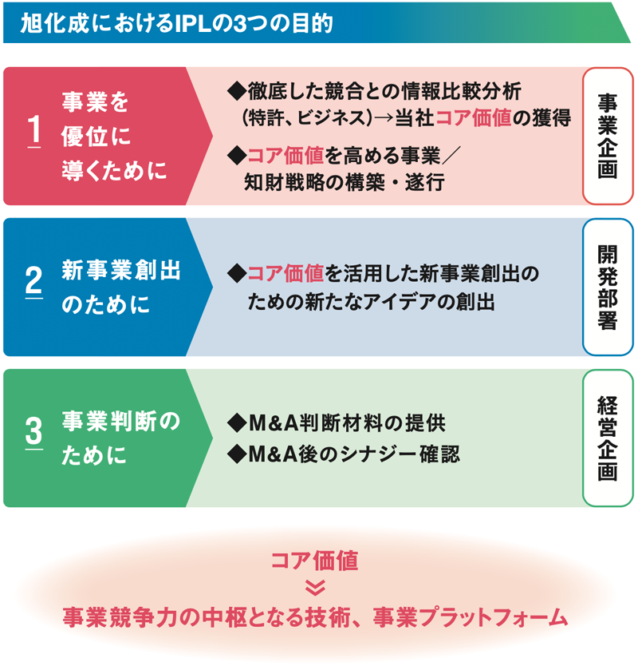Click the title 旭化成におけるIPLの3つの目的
coord(176,23)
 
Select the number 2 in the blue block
coord(34,280)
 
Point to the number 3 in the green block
coord(34,431)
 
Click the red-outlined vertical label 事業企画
coord(608,136)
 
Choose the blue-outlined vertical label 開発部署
coord(608,287)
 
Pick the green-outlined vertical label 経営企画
coord(608,438)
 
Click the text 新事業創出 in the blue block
coord(121,270)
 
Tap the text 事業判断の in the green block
coord(121,421)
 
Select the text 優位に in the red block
coord(96,137)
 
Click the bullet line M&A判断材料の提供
coord(337,422)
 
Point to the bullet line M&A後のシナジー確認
coord(344,454)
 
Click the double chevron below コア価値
coord(315,588)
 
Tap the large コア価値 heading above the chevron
coord(315,561)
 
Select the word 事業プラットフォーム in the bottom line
coord(471,617)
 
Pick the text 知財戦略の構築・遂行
coord(345,183)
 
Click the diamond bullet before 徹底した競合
coord(237,91)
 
